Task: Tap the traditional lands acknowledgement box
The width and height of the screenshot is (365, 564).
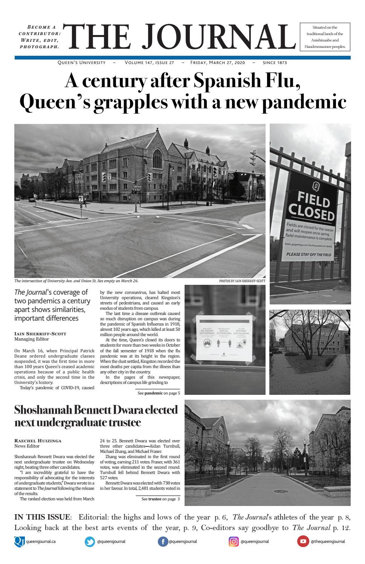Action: click(x=325, y=37)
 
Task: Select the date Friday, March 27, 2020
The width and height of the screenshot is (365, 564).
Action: click(x=218, y=63)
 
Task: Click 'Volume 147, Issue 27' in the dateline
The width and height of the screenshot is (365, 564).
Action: click(x=149, y=63)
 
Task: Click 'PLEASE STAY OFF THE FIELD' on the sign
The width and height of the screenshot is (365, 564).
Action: click(x=308, y=255)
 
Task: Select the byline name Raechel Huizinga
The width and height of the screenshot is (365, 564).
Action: click(x=38, y=440)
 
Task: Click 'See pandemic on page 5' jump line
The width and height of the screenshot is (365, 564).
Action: click(x=159, y=393)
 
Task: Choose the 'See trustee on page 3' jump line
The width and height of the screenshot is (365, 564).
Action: click(x=160, y=499)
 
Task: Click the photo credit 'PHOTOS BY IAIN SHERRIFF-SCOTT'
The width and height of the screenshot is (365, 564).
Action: click(x=242, y=281)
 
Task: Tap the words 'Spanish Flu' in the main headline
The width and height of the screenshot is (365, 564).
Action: click(x=246, y=81)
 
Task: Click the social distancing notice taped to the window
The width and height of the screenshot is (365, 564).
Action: click(x=224, y=338)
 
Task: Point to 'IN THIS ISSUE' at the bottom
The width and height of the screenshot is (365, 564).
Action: click(x=42, y=517)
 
